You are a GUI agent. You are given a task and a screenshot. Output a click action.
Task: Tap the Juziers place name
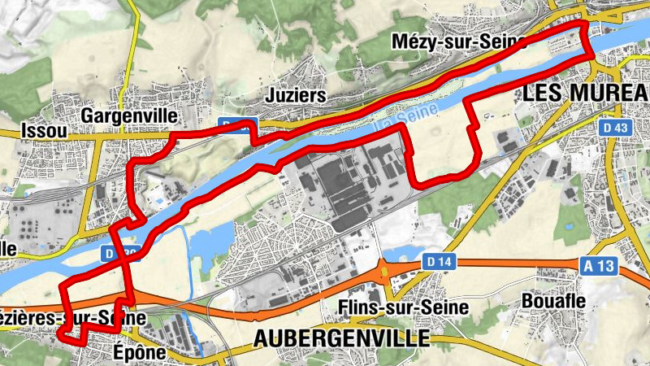(296, 96)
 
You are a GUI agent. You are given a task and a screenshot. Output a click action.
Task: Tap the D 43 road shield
(617, 128)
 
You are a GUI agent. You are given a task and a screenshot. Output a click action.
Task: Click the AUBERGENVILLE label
(341, 336)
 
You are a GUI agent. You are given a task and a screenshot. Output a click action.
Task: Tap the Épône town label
(139, 353)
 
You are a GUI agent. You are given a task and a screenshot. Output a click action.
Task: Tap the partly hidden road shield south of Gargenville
(122, 253)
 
